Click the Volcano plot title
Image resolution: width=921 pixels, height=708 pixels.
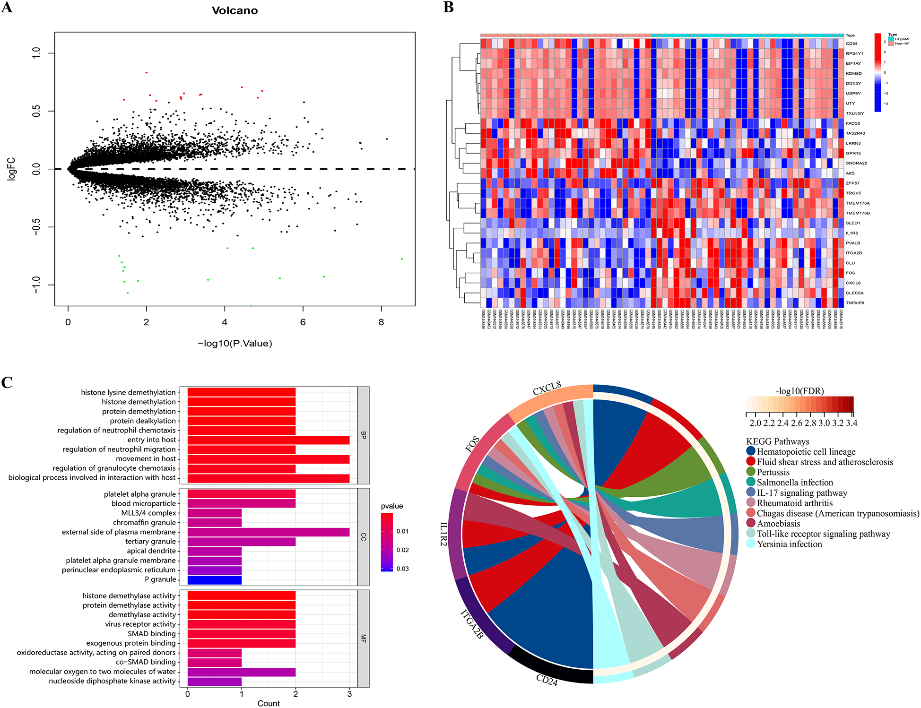pos(235,10)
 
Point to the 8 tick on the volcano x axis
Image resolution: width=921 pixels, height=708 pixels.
pos(381,322)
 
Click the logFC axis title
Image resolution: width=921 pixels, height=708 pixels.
pos(11,169)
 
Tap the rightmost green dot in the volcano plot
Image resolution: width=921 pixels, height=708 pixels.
pos(402,259)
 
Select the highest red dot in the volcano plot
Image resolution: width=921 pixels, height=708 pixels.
pos(147,72)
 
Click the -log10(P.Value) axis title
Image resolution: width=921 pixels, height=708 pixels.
pos(235,344)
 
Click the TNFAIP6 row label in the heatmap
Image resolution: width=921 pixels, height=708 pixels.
pos(855,303)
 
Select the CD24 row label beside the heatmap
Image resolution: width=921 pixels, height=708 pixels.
pos(851,43)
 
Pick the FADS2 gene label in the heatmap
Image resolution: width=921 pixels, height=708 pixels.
pos(853,123)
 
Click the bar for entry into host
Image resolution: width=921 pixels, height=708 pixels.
pos(268,440)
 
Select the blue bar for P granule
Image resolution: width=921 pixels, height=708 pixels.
pos(214,579)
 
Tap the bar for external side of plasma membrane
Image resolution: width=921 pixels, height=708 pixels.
pos(268,532)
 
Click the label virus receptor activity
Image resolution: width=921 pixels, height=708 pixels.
pos(140,624)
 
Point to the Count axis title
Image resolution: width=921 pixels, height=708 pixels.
pos(268,703)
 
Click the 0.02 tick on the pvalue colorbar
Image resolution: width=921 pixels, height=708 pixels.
pos(402,550)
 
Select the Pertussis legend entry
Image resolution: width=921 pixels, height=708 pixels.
pos(773,472)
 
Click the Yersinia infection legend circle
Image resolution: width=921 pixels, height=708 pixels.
pos(751,544)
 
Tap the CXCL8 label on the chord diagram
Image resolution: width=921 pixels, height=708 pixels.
pos(547,389)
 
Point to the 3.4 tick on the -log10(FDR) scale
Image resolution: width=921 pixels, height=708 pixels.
pos(851,423)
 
